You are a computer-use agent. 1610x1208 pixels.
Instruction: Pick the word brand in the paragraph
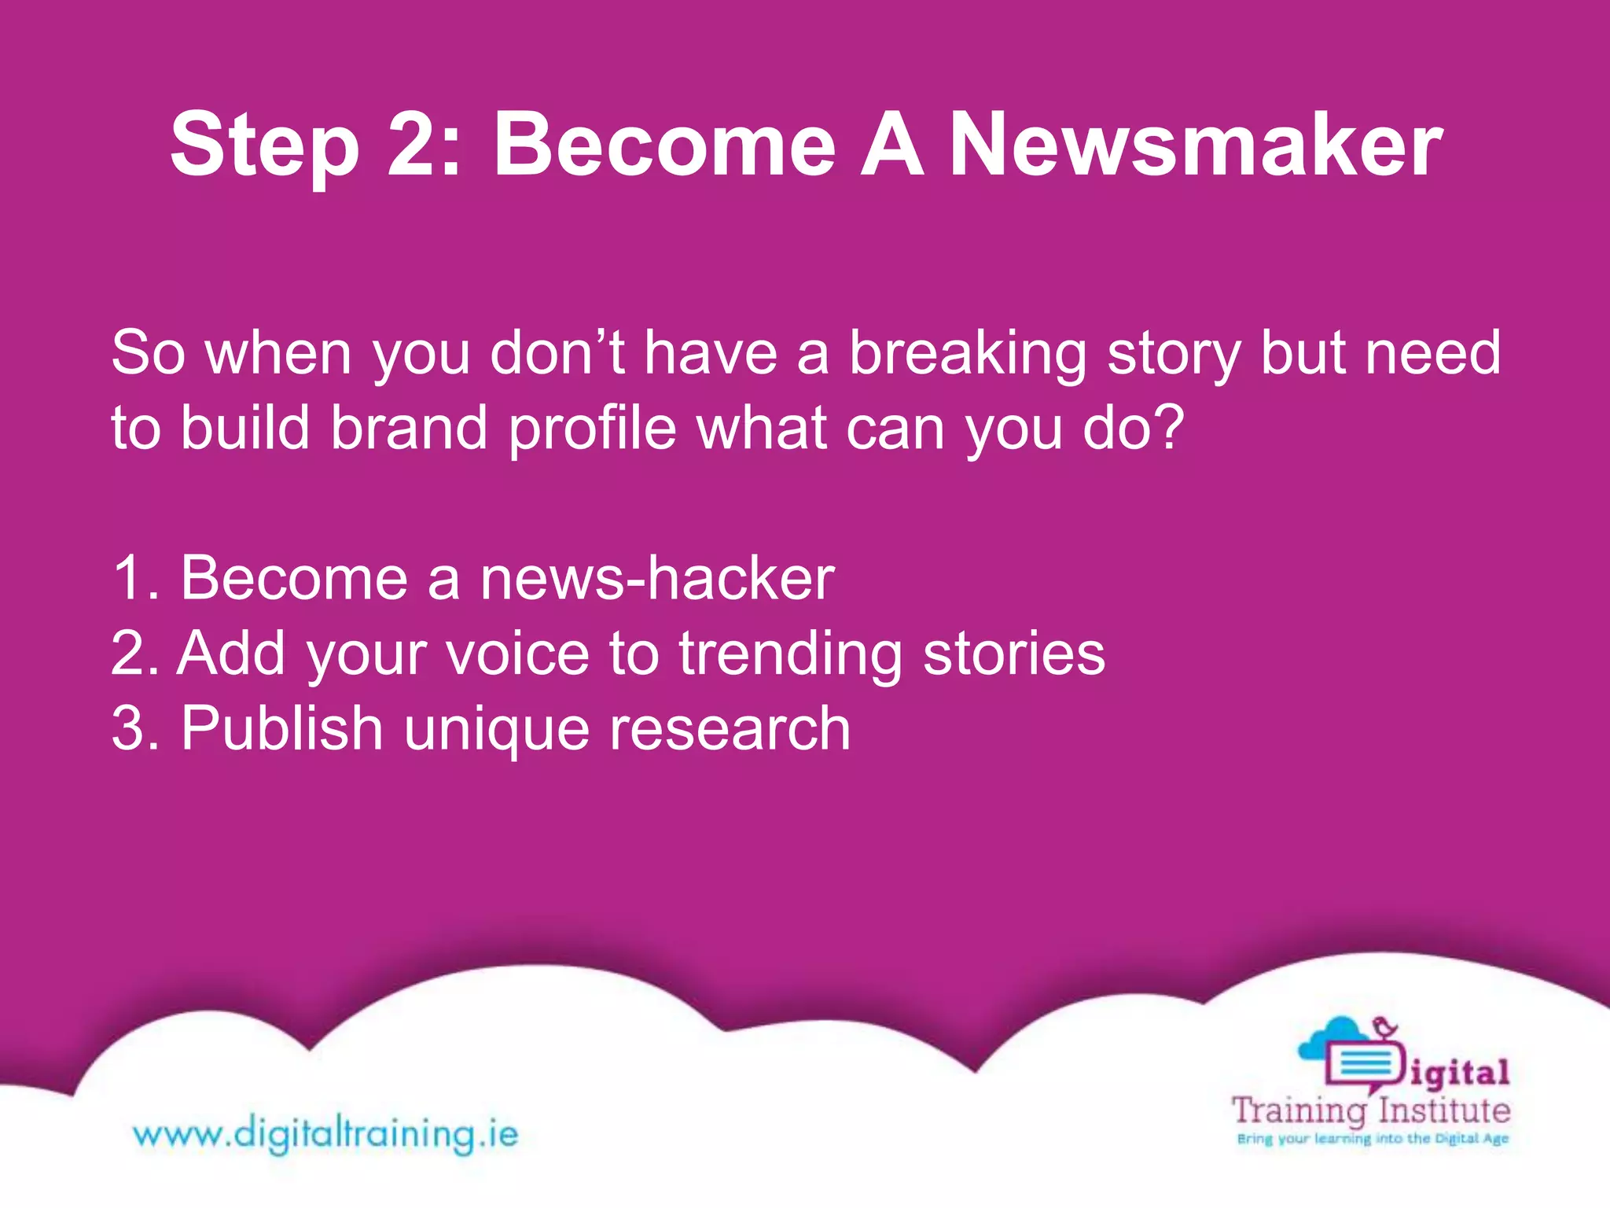pos(409,429)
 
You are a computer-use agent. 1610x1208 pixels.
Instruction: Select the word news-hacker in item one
pos(657,579)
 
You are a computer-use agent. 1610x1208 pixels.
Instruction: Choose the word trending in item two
pos(790,655)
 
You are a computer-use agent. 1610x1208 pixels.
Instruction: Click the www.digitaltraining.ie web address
pos(325,1135)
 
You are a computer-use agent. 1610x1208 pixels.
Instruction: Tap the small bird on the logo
pos(1384,1028)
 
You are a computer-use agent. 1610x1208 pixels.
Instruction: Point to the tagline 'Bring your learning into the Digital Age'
pos(1373,1139)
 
